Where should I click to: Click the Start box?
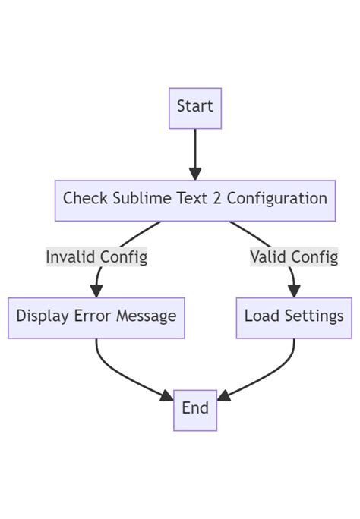(195, 107)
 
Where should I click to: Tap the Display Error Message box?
(96, 317)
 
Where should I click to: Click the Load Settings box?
(294, 317)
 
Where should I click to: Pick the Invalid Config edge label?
(96, 257)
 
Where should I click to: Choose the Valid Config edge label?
(294, 257)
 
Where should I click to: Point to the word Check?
(84, 199)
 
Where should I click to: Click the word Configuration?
(277, 199)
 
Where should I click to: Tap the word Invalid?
(69, 257)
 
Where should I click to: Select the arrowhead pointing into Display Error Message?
(96, 291)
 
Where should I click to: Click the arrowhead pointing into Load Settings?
(294, 291)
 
